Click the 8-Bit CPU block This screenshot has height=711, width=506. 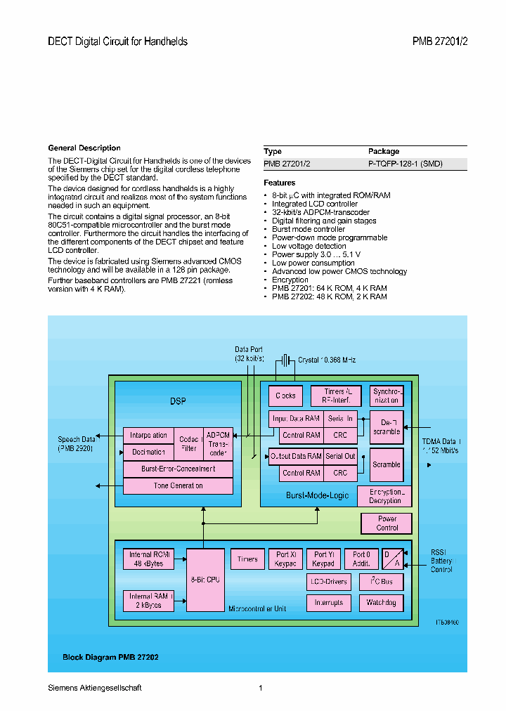pyautogui.click(x=205, y=580)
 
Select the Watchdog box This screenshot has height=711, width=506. pyautogui.click(x=381, y=602)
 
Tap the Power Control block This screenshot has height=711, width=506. pyautogui.click(x=387, y=523)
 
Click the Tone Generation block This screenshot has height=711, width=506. pyautogui.click(x=178, y=485)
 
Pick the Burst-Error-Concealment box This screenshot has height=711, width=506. pyautogui.click(x=178, y=469)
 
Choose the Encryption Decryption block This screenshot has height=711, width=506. pyautogui.click(x=384, y=496)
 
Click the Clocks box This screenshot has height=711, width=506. pyautogui.click(x=285, y=396)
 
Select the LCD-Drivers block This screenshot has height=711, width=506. pyautogui.click(x=328, y=582)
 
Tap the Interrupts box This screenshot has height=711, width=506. pyautogui.click(x=328, y=602)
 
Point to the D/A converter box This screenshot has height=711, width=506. pyautogui.click(x=392, y=559)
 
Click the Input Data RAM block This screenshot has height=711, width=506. pyautogui.click(x=295, y=418)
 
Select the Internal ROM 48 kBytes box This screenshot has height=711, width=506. pyautogui.click(x=148, y=559)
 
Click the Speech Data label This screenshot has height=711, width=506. pyautogui.click(x=77, y=443)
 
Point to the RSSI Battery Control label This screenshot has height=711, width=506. pyautogui.click(x=443, y=561)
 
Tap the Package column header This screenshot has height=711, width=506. pyautogui.click(x=384, y=151)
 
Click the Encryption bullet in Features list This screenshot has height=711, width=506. pyautogui.click(x=290, y=280)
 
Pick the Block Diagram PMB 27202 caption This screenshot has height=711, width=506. pyautogui.click(x=110, y=658)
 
